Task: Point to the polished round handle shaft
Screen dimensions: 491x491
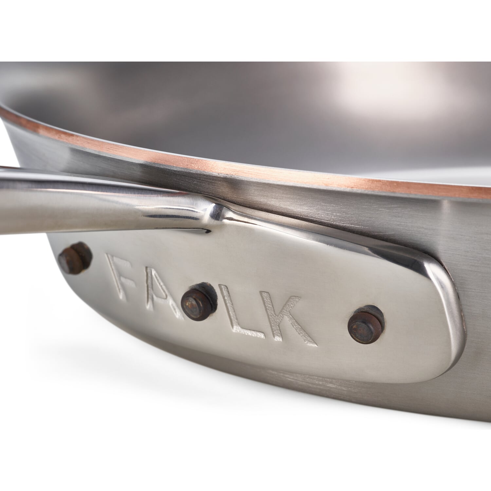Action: (82, 196)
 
